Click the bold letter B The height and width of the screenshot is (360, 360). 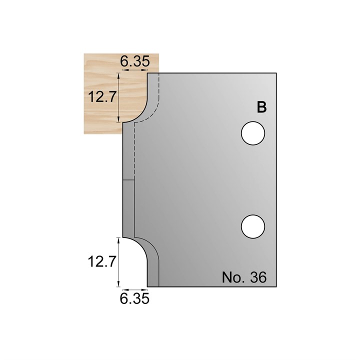[261, 107]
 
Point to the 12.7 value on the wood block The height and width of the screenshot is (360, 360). [99, 97]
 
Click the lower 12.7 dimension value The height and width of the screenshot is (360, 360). [99, 261]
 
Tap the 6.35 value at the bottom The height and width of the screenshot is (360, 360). [135, 298]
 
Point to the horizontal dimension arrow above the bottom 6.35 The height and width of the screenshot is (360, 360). [135, 289]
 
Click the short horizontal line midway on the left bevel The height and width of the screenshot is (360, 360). [128, 179]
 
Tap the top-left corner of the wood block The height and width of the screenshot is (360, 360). [83, 54]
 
